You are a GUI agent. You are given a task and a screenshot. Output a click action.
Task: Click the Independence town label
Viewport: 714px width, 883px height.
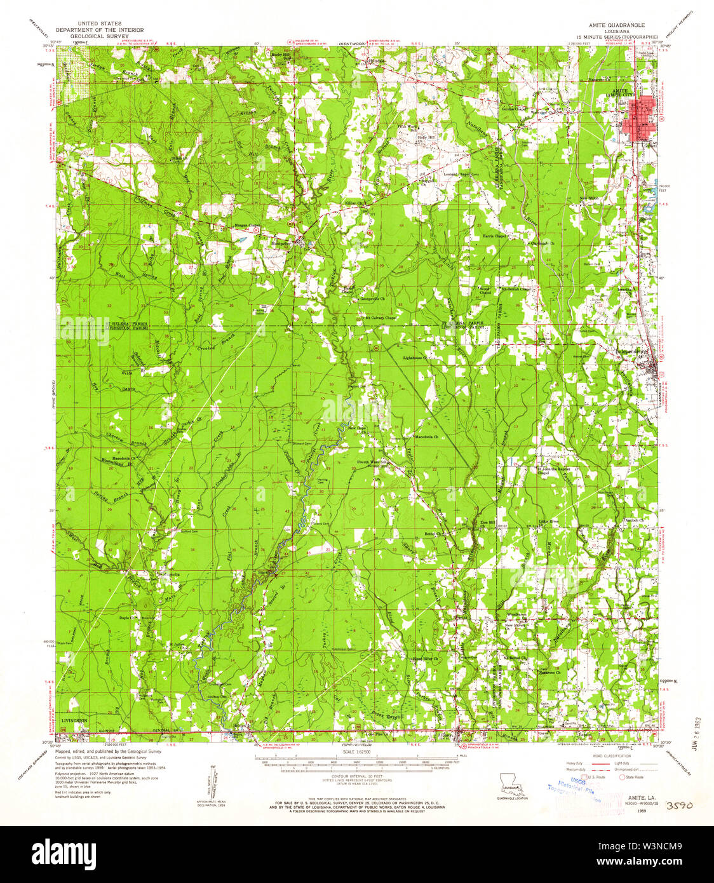point(633,351)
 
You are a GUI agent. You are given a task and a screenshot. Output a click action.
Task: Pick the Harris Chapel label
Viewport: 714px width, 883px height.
point(494,236)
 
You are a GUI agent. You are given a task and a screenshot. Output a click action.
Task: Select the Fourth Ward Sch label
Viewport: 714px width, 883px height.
point(372,461)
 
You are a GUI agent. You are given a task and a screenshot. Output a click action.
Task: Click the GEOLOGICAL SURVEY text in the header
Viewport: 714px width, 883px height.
point(98,36)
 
